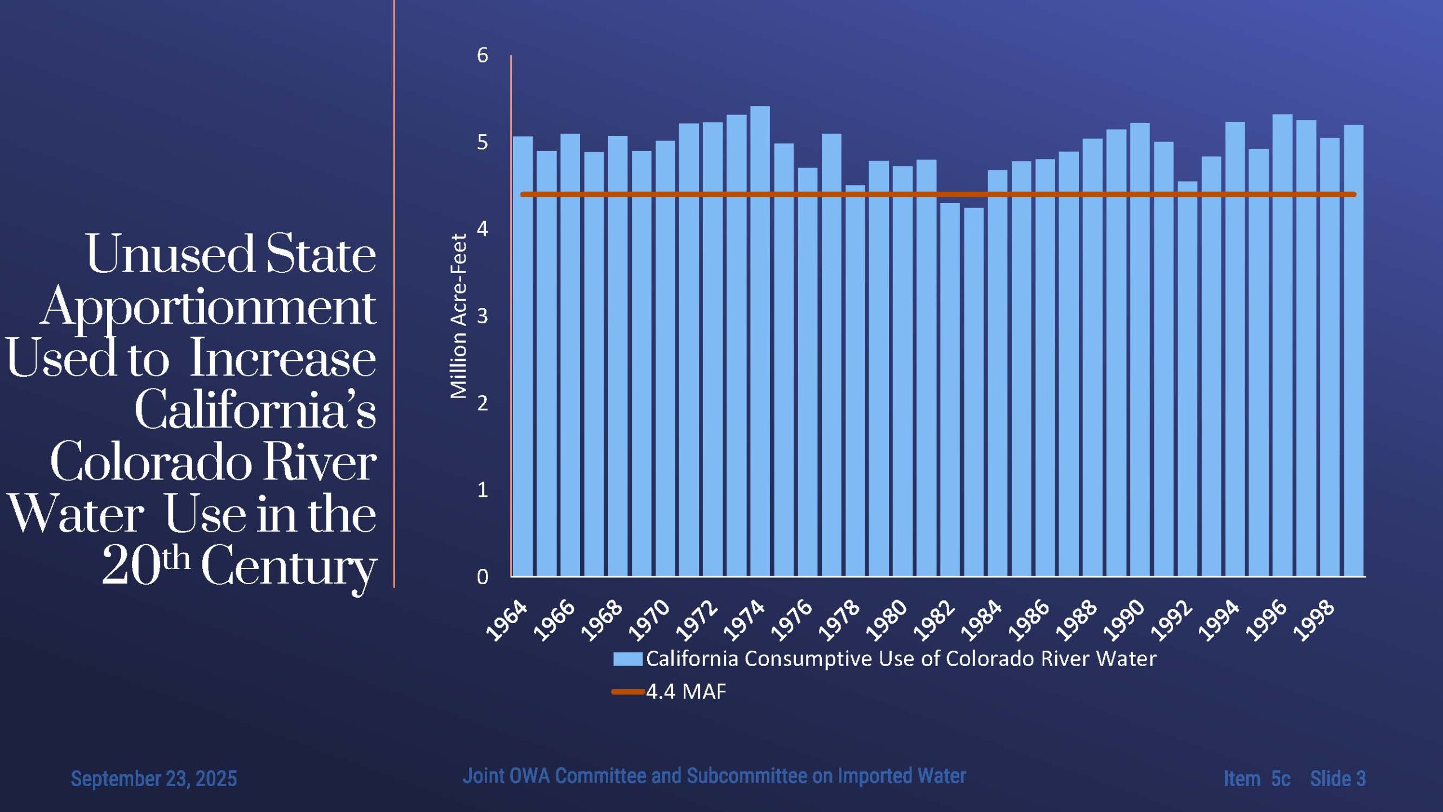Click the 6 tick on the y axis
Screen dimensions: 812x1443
[483, 55]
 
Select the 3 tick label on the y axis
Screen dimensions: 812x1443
[483, 316]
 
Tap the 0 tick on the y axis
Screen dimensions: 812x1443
[483, 577]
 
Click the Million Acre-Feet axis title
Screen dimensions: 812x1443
[459, 316]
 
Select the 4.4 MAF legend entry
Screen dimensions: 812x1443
[685, 691]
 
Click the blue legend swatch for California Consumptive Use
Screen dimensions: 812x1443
[627, 659]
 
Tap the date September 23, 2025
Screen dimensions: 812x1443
[154, 779]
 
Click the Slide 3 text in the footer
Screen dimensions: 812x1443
[1338, 779]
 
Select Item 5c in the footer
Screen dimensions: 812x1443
[1256, 779]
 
